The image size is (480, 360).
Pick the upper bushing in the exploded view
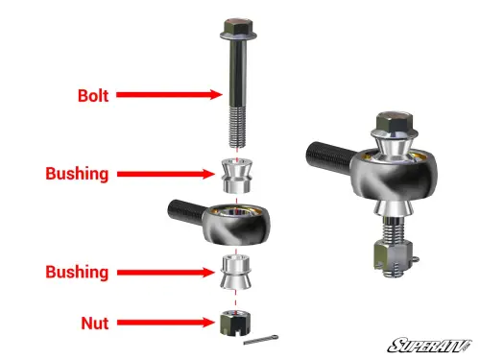pos(235,173)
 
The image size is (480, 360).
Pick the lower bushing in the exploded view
pos(235,272)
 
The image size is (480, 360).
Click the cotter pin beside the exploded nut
pos(263,340)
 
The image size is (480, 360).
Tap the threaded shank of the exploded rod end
pos(182,208)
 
